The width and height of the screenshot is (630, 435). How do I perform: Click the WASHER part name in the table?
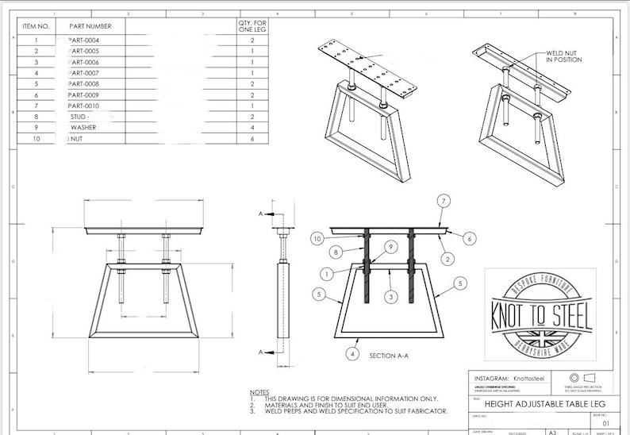[x=84, y=126]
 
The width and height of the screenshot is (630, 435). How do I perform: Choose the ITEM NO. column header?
[x=36, y=26]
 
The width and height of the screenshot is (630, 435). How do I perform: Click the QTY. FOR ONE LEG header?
[x=252, y=26]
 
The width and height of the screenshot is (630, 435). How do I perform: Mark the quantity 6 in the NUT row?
[x=252, y=137]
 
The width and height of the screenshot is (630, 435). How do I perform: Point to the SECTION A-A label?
[x=389, y=356]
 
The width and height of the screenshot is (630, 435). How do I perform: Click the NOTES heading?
[x=259, y=392]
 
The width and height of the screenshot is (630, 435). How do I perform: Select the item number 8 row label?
[x=36, y=116]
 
